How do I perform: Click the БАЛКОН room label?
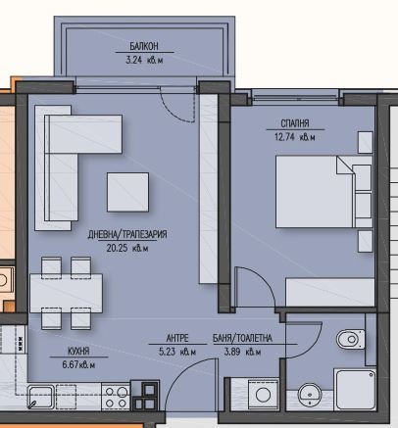[142, 46]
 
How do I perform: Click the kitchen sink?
[42, 397]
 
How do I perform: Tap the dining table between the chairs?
[67, 292]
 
